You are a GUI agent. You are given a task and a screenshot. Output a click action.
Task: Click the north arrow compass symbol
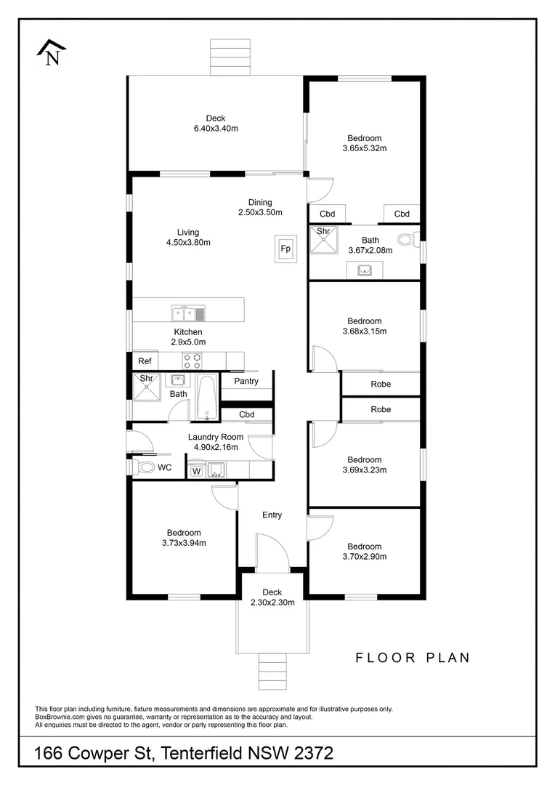(52, 52)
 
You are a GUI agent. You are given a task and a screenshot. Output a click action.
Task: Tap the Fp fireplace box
(285, 249)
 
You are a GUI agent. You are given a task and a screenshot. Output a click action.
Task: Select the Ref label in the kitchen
(145, 361)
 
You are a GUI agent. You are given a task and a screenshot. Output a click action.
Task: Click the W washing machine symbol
(196, 470)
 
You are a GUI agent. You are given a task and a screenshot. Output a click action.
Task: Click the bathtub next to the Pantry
(207, 397)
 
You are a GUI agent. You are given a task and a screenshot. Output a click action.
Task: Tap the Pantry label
(246, 381)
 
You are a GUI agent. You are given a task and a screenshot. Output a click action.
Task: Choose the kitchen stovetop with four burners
(192, 361)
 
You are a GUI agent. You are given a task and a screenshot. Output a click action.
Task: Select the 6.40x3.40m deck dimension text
(216, 129)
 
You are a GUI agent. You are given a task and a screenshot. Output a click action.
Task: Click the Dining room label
(260, 202)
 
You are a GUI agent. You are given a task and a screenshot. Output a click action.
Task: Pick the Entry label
(272, 515)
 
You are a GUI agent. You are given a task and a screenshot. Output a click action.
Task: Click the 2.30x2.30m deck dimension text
(272, 603)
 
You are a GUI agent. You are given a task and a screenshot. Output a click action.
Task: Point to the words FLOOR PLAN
(413, 657)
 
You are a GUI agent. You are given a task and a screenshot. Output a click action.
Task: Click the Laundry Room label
(216, 437)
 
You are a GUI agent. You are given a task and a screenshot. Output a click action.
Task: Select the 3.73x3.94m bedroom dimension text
(185, 543)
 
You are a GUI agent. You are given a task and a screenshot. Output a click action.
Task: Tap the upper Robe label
(381, 384)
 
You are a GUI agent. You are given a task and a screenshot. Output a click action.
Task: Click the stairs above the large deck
(230, 57)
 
